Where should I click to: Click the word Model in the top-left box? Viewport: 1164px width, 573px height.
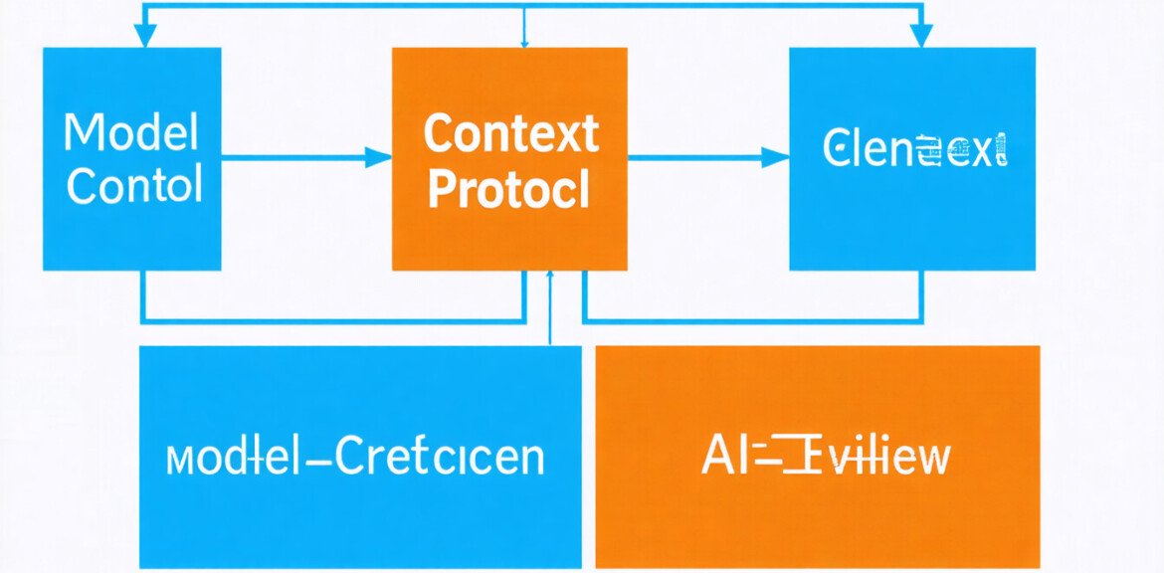click(130, 131)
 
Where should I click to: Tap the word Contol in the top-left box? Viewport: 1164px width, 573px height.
click(134, 185)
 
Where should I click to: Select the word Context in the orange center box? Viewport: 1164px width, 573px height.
click(510, 133)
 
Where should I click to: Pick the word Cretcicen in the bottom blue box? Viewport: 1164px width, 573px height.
click(439, 457)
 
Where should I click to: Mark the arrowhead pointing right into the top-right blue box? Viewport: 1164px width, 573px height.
click(776, 156)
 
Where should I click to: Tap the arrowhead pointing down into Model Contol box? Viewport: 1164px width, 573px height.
click(145, 37)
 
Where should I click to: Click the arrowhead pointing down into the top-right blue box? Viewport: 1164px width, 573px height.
click(921, 37)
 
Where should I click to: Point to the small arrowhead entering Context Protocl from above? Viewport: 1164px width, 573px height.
click(524, 43)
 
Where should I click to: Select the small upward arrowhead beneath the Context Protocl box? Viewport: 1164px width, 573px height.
click(550, 277)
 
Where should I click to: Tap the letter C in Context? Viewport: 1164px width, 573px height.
click(439, 133)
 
